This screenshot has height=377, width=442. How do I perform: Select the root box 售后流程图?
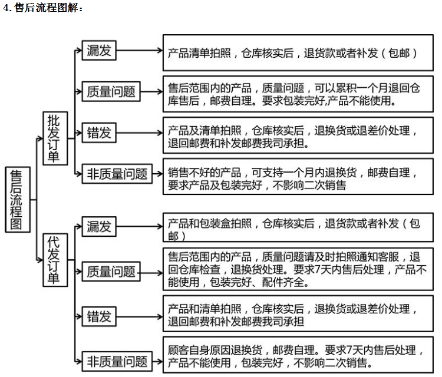[x=18, y=200]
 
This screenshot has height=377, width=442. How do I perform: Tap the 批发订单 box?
[x=55, y=138]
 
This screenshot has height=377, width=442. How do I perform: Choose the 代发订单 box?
[x=55, y=260]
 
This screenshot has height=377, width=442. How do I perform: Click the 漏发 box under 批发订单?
[x=99, y=51]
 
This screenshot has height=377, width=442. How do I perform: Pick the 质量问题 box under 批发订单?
[x=111, y=91]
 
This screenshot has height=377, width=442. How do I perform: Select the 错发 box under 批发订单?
[x=99, y=133]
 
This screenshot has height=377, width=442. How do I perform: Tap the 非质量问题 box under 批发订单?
[x=117, y=174]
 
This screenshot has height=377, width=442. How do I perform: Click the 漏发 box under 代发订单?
[x=99, y=226]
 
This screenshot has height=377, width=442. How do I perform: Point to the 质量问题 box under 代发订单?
[x=111, y=272]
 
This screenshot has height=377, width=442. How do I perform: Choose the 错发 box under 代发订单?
[x=99, y=316]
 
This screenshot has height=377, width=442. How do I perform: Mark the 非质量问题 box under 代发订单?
[x=117, y=362]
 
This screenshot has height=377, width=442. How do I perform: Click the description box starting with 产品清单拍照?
[x=298, y=52]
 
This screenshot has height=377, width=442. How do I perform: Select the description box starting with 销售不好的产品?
[x=298, y=176]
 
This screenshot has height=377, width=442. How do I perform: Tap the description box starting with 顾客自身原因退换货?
[x=298, y=355]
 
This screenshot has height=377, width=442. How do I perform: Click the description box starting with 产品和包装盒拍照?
[x=298, y=227]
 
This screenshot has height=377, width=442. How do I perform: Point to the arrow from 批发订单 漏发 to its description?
[x=140, y=51]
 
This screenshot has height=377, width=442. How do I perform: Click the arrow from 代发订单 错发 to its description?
[x=140, y=317]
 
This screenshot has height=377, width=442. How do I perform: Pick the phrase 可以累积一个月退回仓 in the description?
[x=367, y=88]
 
